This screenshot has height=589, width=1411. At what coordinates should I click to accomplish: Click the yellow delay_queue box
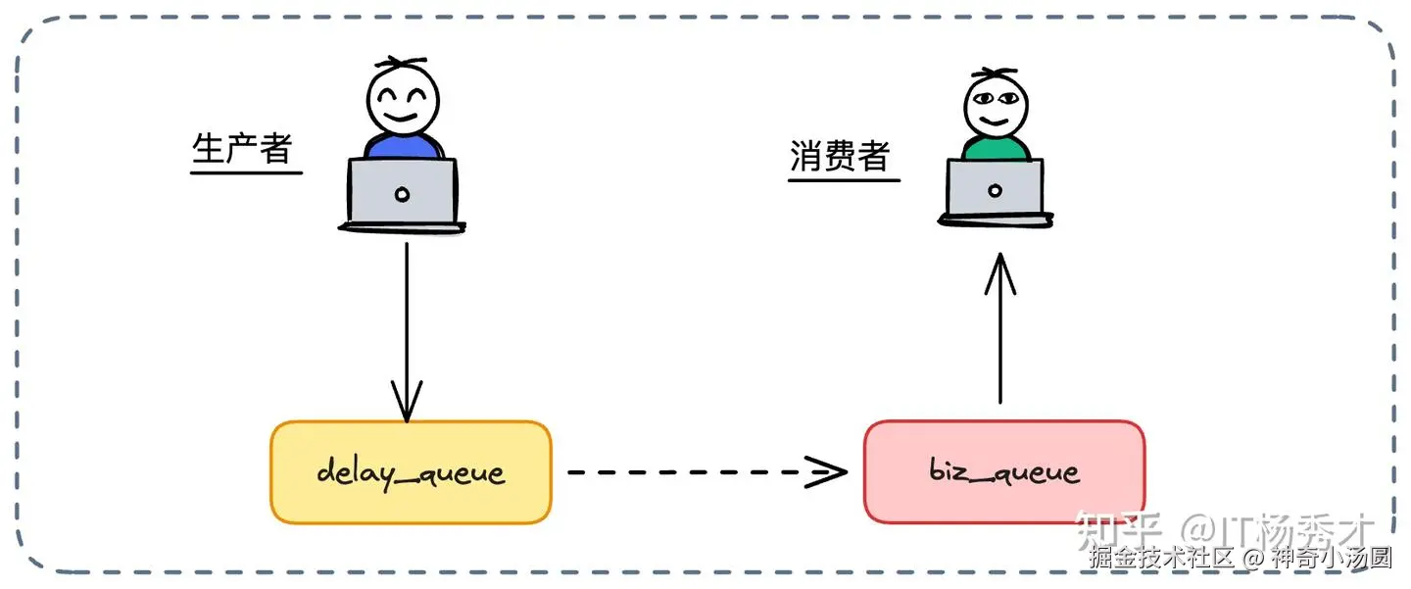click(x=411, y=472)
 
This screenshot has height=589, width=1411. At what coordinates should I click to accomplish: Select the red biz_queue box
click(x=1004, y=471)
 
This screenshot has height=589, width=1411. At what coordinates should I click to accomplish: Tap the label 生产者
click(x=243, y=150)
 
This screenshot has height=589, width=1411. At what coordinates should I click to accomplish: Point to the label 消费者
click(x=841, y=157)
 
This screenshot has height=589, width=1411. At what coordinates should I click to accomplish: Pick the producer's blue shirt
click(x=403, y=148)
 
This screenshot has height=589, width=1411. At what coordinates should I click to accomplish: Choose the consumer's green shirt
click(x=995, y=149)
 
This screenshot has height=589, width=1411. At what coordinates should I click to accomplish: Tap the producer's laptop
click(x=402, y=193)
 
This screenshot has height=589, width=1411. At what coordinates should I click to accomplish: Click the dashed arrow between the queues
click(x=705, y=471)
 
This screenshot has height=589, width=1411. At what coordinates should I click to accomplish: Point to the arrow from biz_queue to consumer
click(x=999, y=328)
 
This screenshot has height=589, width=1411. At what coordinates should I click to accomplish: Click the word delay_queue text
click(x=411, y=473)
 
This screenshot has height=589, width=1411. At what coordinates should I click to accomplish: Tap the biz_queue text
click(x=1004, y=472)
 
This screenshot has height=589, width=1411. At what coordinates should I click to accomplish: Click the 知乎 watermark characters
click(x=1117, y=530)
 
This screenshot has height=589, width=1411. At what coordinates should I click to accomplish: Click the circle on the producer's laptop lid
click(x=402, y=194)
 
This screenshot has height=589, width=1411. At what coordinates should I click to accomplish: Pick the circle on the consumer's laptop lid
click(x=996, y=189)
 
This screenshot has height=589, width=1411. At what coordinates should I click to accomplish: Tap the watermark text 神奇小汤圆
click(x=1333, y=558)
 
